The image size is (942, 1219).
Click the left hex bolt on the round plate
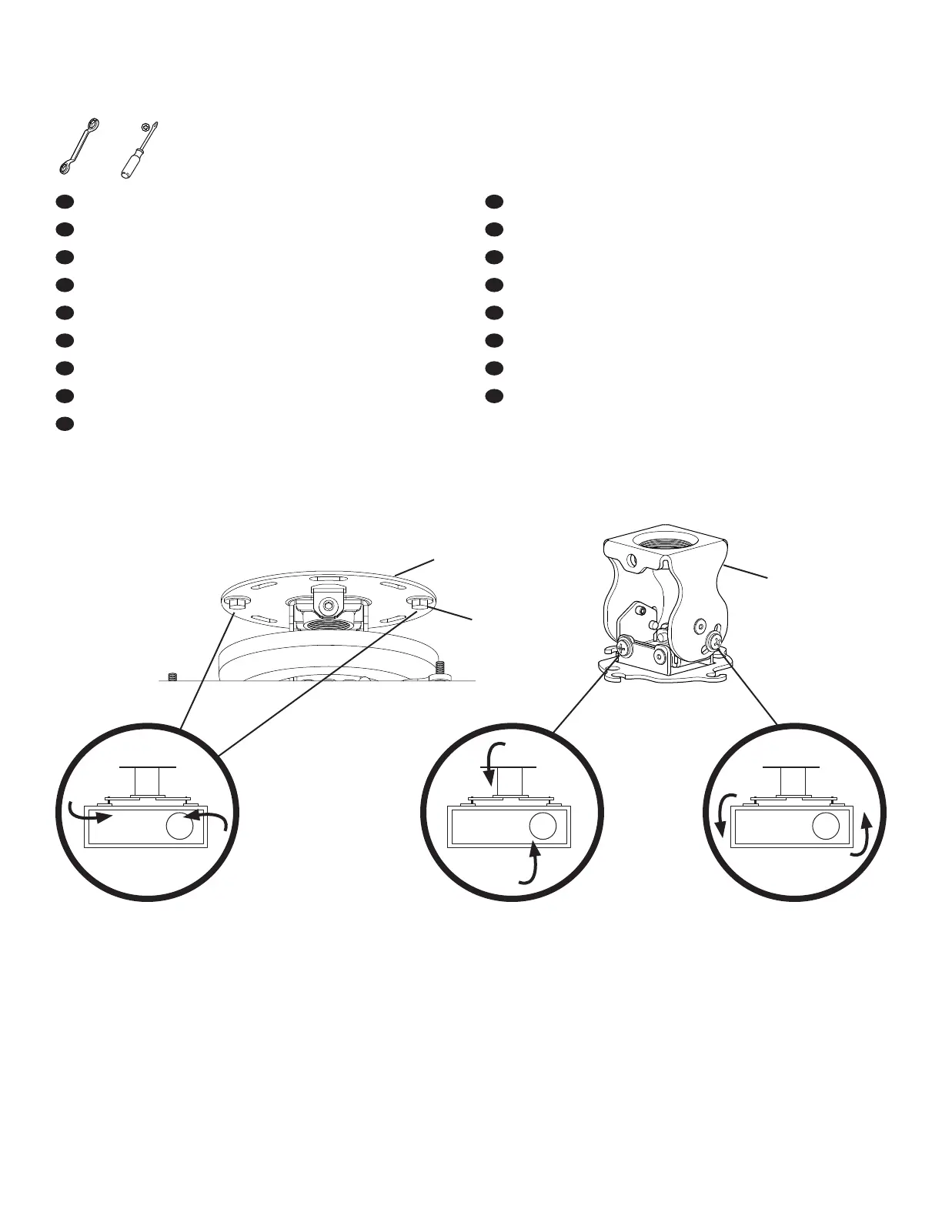[235, 602]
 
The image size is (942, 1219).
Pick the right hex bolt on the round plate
[419, 603]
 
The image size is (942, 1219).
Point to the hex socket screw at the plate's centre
[329, 606]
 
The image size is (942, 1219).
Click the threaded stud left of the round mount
[172, 676]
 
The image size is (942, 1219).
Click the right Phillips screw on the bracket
[715, 638]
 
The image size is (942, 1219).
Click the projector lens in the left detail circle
[179, 827]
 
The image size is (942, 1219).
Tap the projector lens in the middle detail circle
[543, 827]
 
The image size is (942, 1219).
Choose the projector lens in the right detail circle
[826, 827]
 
